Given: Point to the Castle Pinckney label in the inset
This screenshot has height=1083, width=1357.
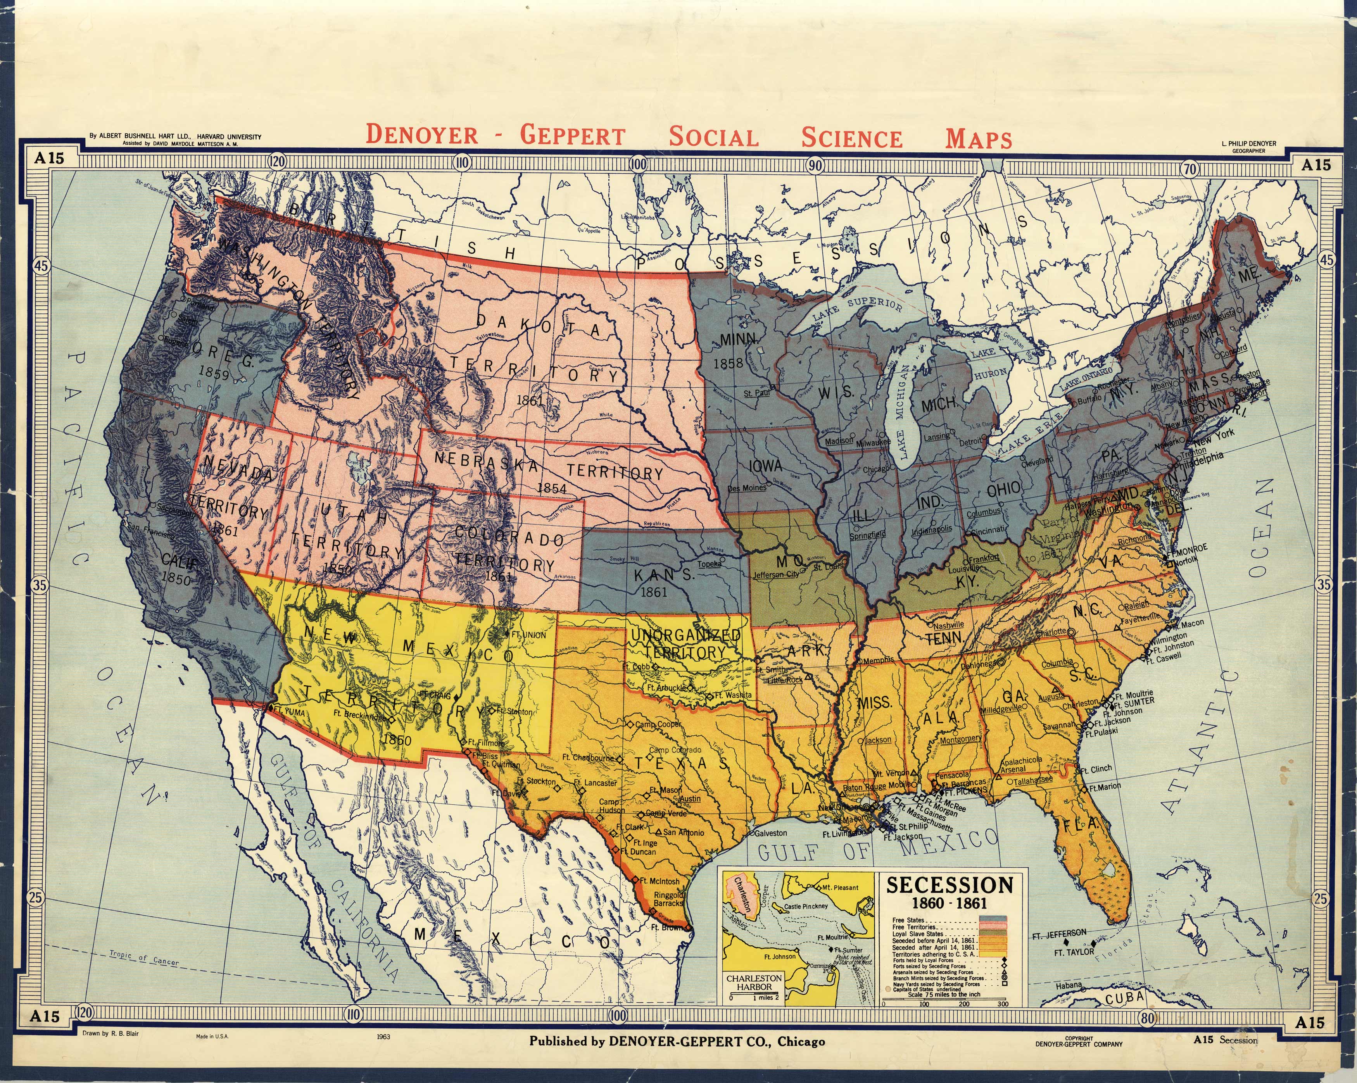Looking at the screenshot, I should [806, 906].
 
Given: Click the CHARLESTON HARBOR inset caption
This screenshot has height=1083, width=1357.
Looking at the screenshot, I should [754, 982].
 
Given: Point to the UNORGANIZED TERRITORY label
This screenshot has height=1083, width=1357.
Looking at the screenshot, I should [685, 643].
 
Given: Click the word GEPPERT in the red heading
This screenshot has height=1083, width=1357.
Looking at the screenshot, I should [572, 136].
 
